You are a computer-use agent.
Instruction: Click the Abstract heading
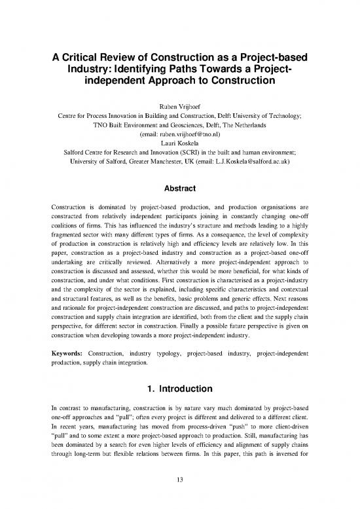pos(179,185)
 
